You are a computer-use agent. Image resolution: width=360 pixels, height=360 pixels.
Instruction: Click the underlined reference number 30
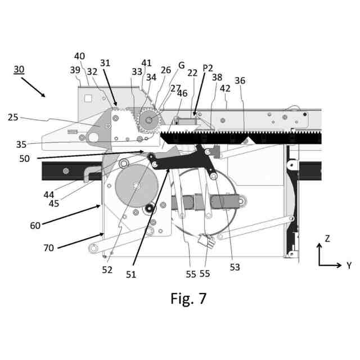click(19, 69)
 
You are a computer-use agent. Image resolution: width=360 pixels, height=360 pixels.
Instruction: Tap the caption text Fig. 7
click(188, 298)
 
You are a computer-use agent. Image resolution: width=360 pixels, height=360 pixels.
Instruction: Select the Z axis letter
click(327, 238)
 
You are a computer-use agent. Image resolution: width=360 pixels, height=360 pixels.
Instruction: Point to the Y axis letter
click(348, 264)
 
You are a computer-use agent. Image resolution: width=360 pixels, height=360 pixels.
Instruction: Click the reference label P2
click(208, 67)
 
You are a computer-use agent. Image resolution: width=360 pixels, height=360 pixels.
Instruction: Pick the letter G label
click(181, 65)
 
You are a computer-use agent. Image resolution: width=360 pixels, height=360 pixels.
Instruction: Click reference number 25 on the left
click(13, 117)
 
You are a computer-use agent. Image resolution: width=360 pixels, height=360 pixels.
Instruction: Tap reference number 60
click(35, 226)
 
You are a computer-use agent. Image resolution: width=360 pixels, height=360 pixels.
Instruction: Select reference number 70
click(48, 247)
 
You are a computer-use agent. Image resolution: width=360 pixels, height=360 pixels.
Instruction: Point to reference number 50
click(24, 159)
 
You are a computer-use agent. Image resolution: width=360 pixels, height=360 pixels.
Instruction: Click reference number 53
click(235, 267)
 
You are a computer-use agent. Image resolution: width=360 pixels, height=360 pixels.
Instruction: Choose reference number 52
click(107, 269)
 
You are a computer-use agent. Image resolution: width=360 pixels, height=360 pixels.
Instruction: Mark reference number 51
click(130, 274)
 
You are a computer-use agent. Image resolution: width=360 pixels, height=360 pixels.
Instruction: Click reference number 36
click(240, 80)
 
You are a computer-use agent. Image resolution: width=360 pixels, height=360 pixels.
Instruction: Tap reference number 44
click(49, 195)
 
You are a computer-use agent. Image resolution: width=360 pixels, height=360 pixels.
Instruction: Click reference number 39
click(75, 70)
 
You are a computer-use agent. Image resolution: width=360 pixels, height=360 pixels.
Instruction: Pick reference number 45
click(53, 203)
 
